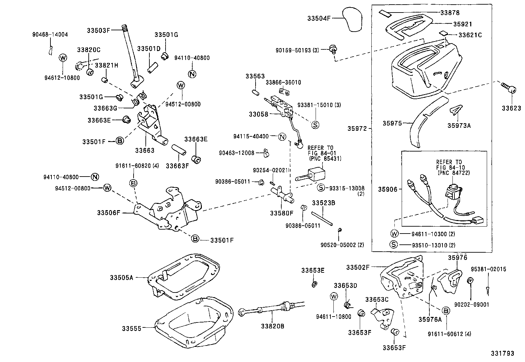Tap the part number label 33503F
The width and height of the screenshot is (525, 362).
(x=98, y=30)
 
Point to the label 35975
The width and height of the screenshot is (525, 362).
(x=392, y=124)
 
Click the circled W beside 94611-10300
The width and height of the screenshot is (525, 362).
(x=394, y=234)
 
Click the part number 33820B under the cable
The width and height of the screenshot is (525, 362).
(x=272, y=326)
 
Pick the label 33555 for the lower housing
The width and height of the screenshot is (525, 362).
(x=131, y=328)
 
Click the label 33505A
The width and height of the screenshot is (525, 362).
(x=121, y=278)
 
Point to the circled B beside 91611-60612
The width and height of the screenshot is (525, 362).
(x=446, y=311)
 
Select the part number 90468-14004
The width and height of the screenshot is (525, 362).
(x=50, y=34)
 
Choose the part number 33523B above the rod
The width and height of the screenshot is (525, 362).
(x=324, y=203)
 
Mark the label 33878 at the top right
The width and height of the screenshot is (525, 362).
(x=450, y=13)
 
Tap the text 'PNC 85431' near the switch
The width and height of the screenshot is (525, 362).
(x=325, y=158)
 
